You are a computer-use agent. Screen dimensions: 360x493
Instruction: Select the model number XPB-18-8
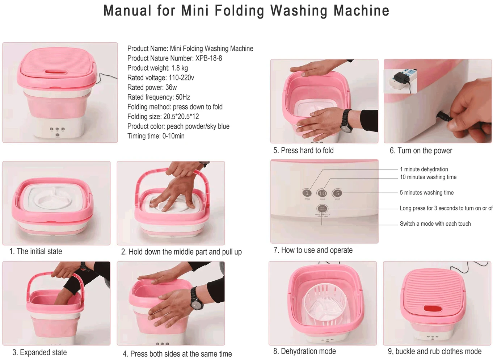pyautogui.click(x=208, y=58)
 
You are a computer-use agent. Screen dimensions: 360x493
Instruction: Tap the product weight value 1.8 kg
pyautogui.click(x=180, y=68)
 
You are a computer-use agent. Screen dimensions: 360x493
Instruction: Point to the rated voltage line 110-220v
pyautogui.click(x=181, y=78)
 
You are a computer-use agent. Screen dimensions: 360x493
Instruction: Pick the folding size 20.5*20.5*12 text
pyautogui.click(x=181, y=117)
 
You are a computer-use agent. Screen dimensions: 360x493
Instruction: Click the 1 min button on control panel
pyautogui.click(x=307, y=193)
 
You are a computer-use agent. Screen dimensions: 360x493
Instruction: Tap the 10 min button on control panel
pyautogui.click(x=322, y=193)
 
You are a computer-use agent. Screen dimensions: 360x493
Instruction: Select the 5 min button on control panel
pyautogui.click(x=337, y=193)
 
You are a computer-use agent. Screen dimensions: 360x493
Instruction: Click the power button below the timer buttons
pyautogui.click(x=322, y=209)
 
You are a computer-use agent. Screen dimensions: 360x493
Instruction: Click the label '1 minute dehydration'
pyautogui.click(x=424, y=169)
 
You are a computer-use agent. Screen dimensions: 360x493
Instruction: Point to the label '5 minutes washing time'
pyautogui.click(x=426, y=193)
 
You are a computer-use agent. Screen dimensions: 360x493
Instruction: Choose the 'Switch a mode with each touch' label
pyautogui.click(x=435, y=224)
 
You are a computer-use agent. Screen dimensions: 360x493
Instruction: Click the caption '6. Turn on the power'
pyautogui.click(x=421, y=151)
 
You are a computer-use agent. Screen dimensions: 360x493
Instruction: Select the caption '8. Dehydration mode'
pyautogui.click(x=304, y=351)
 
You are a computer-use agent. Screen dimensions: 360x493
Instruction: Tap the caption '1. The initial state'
pyautogui.click(x=35, y=251)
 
